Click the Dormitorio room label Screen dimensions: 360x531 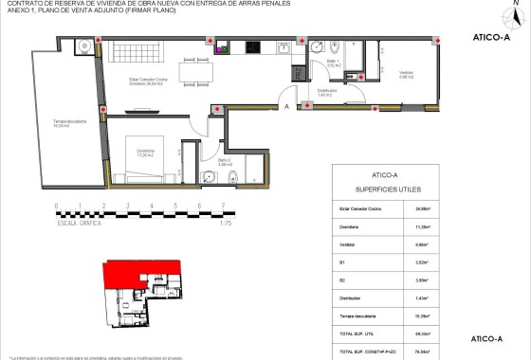[x=144, y=153]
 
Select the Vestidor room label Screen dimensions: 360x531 [x=406, y=76]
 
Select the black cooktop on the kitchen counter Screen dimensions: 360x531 [x=253, y=47]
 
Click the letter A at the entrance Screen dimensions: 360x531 [x=286, y=108]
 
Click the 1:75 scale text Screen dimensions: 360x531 [x=226, y=224]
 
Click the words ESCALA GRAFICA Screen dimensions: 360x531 [x=80, y=224]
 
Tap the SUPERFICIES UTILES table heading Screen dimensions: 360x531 [x=383, y=189]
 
